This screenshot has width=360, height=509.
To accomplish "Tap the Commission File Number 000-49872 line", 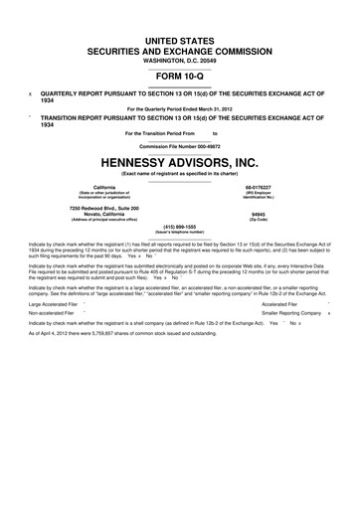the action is tap(180, 145).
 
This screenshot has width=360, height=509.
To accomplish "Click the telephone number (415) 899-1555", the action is tap(180, 226).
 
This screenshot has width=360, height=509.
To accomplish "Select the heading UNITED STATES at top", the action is tap(180, 36).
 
